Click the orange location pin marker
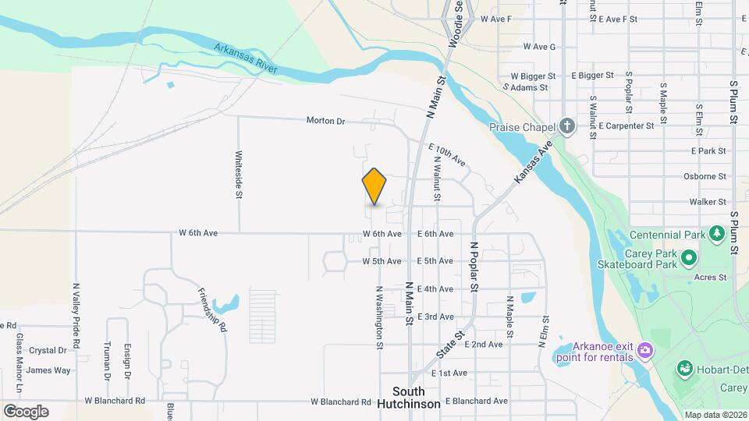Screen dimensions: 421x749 pyautogui.click(x=374, y=186)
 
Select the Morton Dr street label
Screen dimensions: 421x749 pyautogui.click(x=325, y=121)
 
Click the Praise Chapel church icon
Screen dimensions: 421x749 pyautogui.click(x=566, y=126)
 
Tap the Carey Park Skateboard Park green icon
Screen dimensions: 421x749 pyautogui.click(x=689, y=257)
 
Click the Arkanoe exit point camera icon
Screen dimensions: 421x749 pyautogui.click(x=644, y=350)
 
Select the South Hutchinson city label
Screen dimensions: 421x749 pyautogui.click(x=409, y=398)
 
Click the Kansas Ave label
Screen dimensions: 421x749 pyautogui.click(x=533, y=162)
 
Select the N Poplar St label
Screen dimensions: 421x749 pyautogui.click(x=473, y=267)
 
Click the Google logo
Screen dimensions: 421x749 pyautogui.click(x=26, y=412)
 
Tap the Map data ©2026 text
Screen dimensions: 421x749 pyautogui.click(x=715, y=415)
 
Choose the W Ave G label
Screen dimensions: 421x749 pyautogui.click(x=539, y=47)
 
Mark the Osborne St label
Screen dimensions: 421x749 pyautogui.click(x=705, y=176)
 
